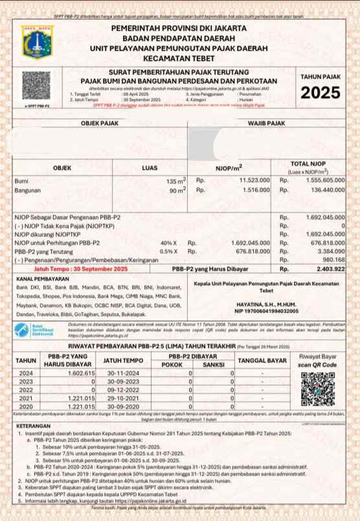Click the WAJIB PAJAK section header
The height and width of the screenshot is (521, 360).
[x=267, y=122]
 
